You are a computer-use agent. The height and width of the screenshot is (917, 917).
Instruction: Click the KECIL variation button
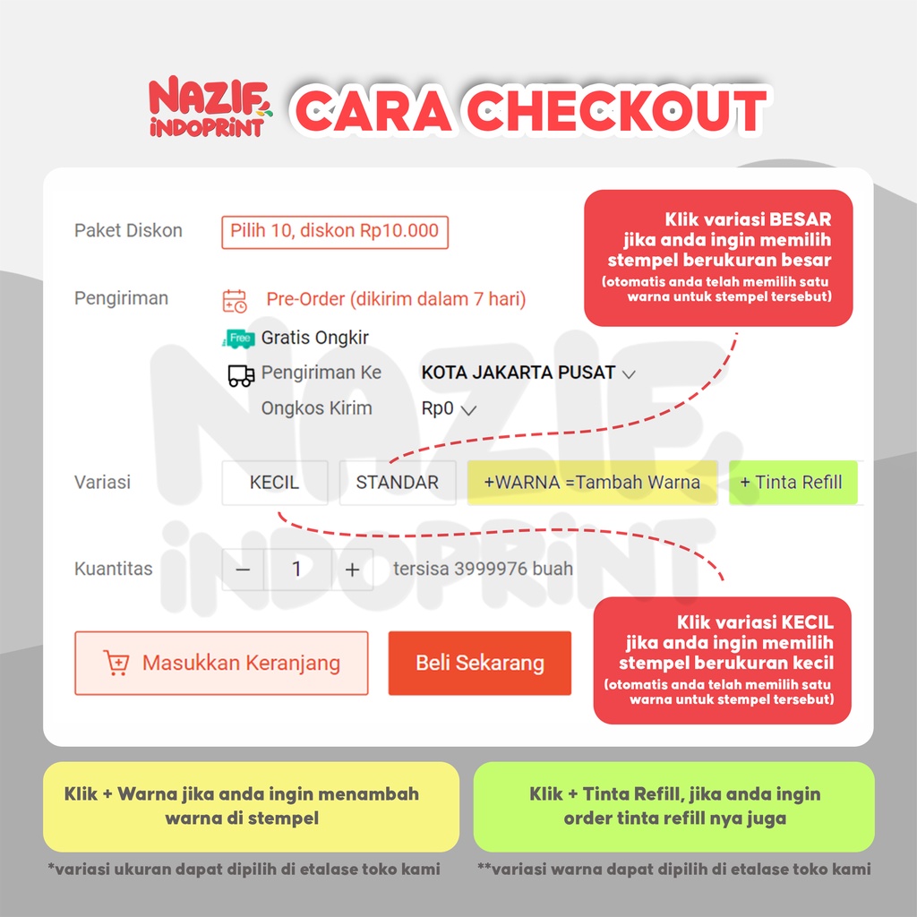tap(275, 482)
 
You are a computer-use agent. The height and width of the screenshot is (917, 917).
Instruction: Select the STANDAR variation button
tap(398, 482)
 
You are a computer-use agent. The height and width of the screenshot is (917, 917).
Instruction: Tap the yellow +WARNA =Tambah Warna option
tap(592, 482)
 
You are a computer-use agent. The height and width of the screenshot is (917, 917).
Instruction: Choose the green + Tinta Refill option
tap(793, 482)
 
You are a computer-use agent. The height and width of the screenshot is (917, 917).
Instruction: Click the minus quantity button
tap(244, 570)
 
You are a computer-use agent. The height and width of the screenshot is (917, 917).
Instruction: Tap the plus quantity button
tap(353, 570)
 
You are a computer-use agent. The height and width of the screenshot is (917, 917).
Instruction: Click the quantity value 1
tap(297, 570)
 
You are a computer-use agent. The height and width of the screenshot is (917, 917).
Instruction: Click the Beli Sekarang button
tap(480, 664)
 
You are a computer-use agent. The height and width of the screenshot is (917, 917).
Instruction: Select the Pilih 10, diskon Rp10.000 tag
tap(335, 231)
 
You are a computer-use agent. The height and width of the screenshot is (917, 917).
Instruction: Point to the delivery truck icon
tap(241, 374)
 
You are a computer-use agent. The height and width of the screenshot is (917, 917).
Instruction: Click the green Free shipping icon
tap(238, 339)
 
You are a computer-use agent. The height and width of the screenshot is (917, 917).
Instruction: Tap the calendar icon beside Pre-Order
tap(235, 300)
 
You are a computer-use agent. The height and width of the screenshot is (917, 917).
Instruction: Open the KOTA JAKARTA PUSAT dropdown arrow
tap(629, 374)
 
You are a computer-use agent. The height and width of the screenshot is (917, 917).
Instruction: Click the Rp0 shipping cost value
tap(438, 409)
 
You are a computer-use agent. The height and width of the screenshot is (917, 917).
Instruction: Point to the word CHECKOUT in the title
tap(618, 111)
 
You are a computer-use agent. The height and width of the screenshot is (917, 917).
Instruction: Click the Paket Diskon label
tap(128, 231)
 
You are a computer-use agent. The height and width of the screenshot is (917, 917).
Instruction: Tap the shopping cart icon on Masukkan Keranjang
tap(116, 664)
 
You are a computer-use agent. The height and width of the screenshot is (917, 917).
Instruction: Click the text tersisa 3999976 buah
tap(483, 570)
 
